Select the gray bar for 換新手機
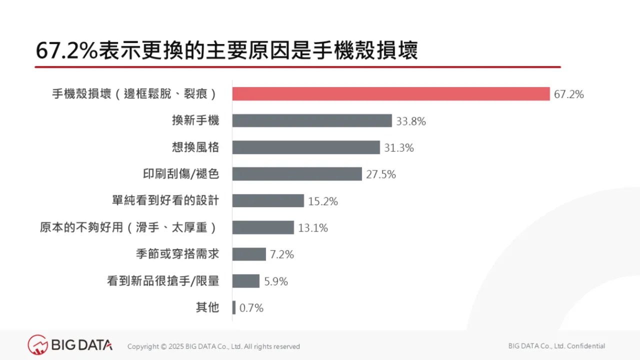pyautogui.click(x=312, y=120)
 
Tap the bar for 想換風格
pyautogui.click(x=306, y=147)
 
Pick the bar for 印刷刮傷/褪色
pyautogui.click(x=297, y=174)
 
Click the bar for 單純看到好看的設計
pyautogui.click(x=268, y=201)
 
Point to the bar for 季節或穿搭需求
pyautogui.click(x=249, y=254)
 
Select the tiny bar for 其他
pyautogui.click(x=234, y=308)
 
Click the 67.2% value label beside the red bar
pyautogui.click(x=569, y=94)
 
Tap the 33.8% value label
pyautogui.click(x=411, y=121)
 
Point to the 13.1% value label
pyautogui.click(x=313, y=228)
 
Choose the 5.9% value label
pyautogui.click(x=276, y=281)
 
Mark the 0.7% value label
pyautogui.click(x=251, y=308)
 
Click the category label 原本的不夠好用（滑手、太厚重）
pyautogui.click(x=129, y=228)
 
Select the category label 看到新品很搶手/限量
pyautogui.click(x=163, y=281)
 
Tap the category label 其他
pyautogui.click(x=207, y=307)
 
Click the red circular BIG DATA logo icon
pyautogui.click(x=37, y=345)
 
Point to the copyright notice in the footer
pyautogui.click(x=213, y=346)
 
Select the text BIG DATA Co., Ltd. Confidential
pyautogui.click(x=556, y=346)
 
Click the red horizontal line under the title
pyautogui.click(x=298, y=67)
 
